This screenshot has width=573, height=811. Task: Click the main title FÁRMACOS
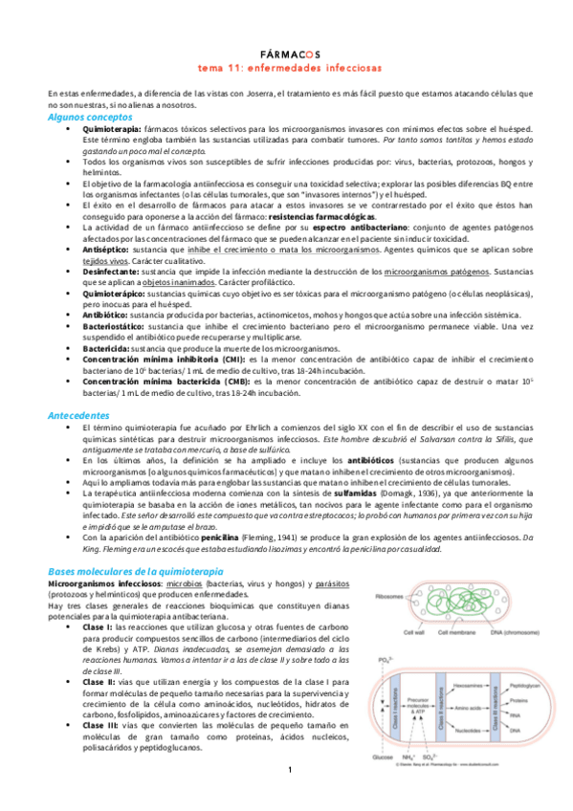click(x=286, y=56)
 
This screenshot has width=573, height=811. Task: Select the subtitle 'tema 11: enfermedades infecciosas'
click(x=286, y=69)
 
